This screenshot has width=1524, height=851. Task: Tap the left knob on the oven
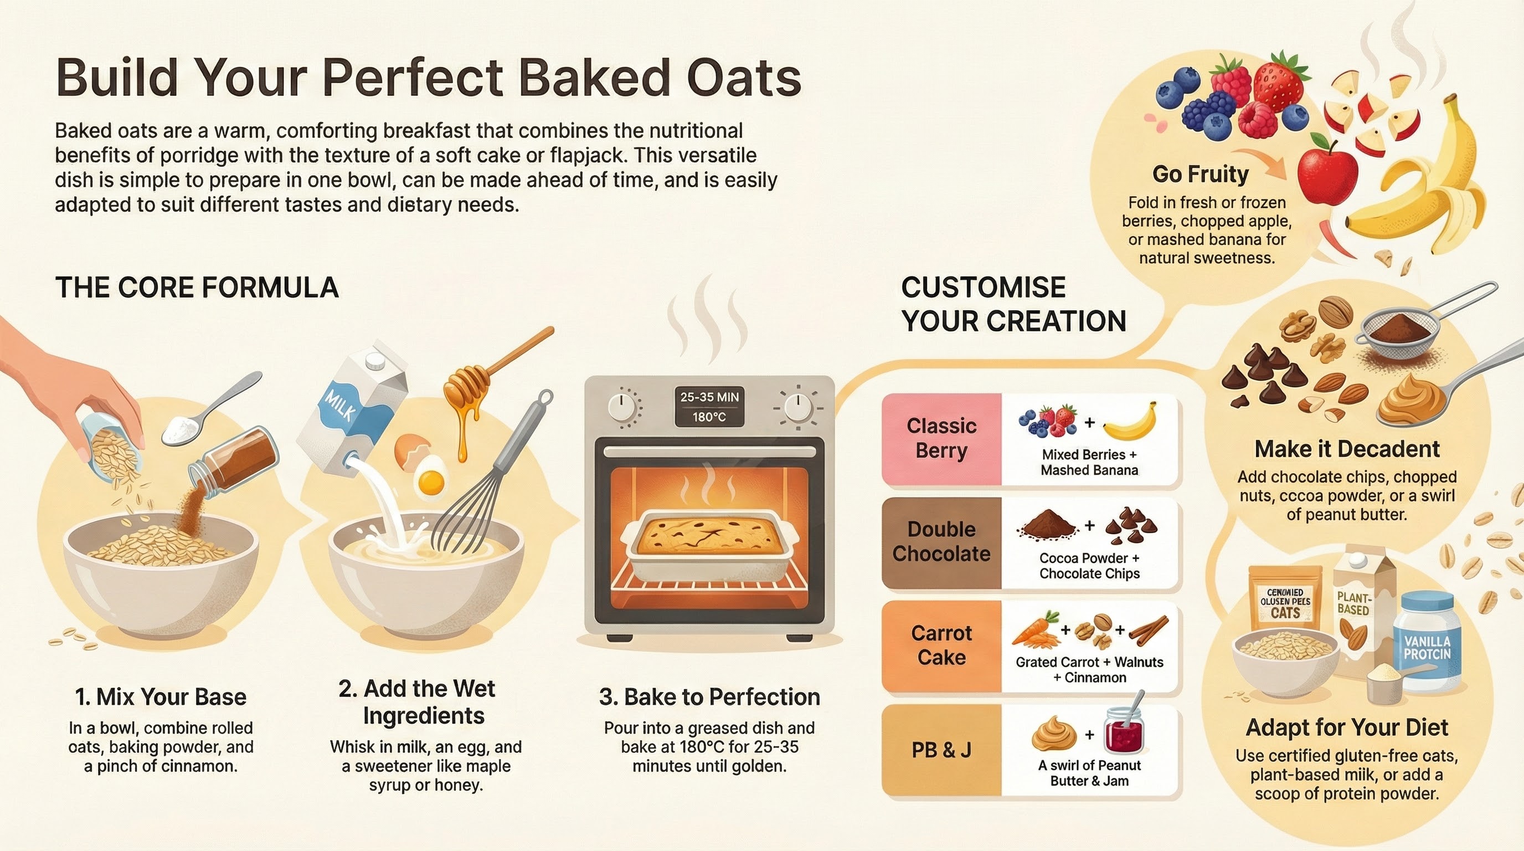pos(621,407)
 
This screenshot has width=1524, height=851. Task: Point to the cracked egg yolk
pos(431,483)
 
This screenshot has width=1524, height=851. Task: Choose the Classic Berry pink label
pos(941,438)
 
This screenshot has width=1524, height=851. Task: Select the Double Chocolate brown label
pos(941,542)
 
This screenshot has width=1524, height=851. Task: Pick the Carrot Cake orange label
pos(941,645)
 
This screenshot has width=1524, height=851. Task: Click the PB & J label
pos(941,750)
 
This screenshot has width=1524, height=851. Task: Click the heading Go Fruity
pos(1201,174)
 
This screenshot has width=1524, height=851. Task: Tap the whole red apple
pos(1326,172)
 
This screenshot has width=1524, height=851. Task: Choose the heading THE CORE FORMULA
pos(197,288)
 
